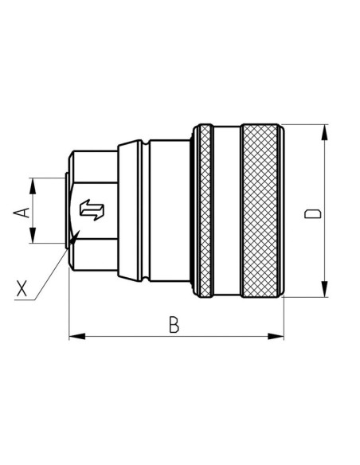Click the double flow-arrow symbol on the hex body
point(93,211)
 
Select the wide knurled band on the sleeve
point(262,211)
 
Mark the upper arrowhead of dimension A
point(33,183)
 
